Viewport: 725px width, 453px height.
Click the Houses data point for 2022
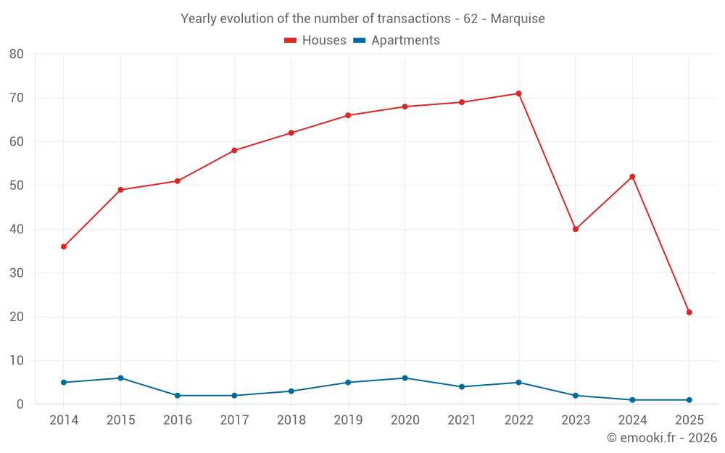(x=518, y=93)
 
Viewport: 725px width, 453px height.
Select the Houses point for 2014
(x=64, y=246)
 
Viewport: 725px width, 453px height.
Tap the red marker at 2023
(x=576, y=229)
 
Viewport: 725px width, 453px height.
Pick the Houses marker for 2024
(x=632, y=177)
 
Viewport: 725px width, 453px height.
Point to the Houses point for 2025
(x=689, y=312)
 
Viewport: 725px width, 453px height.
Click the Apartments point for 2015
(x=120, y=378)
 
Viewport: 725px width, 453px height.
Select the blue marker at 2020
(x=405, y=378)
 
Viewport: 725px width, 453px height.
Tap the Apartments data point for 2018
(x=291, y=391)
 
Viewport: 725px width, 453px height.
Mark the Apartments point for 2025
(x=689, y=400)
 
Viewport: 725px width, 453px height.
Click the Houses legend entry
(x=315, y=41)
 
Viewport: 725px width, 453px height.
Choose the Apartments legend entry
(x=397, y=41)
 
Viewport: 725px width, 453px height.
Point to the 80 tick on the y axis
(x=17, y=54)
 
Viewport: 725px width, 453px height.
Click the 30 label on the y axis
(x=17, y=273)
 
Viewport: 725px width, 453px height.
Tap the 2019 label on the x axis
(x=348, y=420)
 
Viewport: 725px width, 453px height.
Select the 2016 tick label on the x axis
(x=178, y=420)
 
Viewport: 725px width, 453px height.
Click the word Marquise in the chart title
(x=518, y=19)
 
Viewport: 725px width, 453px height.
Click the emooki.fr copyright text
(x=661, y=438)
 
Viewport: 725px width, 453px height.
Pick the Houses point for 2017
(x=234, y=151)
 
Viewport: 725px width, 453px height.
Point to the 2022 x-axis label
(x=518, y=420)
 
